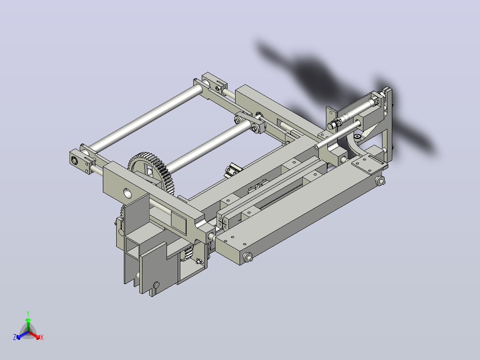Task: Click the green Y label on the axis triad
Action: [28, 313]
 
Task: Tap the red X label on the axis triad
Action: [42, 337]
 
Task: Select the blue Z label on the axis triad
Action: [15, 337]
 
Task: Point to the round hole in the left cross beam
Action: [127, 193]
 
